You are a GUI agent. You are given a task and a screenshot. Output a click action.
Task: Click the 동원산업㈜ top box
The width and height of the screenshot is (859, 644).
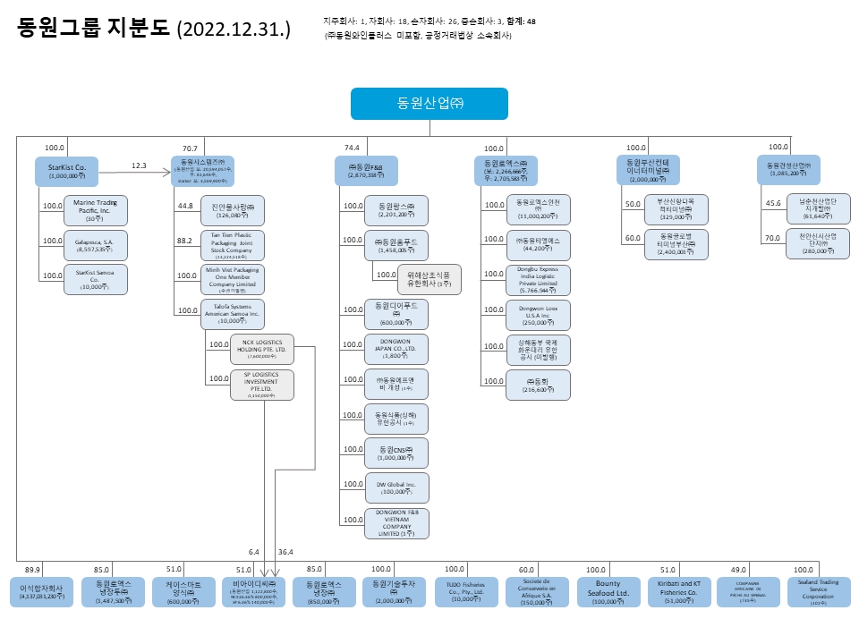(x=429, y=104)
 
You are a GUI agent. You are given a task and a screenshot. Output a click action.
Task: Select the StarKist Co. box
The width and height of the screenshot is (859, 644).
(x=67, y=171)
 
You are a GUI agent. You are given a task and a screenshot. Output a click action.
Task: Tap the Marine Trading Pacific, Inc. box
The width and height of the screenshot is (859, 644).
(x=96, y=210)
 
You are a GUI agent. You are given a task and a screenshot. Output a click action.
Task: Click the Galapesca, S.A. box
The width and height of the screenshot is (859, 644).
(x=96, y=245)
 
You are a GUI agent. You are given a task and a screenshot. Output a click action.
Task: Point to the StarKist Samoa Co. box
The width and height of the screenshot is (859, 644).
(x=96, y=280)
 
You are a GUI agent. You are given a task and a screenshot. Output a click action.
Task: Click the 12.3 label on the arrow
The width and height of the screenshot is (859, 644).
(x=139, y=165)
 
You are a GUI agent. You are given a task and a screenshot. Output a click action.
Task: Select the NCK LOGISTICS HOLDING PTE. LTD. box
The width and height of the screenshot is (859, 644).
(x=261, y=349)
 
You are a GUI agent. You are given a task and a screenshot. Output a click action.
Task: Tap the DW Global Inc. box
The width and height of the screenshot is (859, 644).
(x=396, y=487)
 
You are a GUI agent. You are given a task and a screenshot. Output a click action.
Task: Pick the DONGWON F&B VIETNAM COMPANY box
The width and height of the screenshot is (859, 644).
(x=396, y=523)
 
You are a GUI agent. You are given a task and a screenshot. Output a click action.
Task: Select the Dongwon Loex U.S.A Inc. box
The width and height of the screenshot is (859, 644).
(x=538, y=316)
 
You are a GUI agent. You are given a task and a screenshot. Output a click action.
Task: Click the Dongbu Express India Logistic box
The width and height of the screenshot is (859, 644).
(x=538, y=280)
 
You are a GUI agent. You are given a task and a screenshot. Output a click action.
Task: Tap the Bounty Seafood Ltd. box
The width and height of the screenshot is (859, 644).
(x=608, y=592)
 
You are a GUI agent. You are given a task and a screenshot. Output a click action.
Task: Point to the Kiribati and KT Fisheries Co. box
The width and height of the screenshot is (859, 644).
(x=678, y=592)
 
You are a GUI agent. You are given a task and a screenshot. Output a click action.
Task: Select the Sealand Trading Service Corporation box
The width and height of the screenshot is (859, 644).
(x=820, y=592)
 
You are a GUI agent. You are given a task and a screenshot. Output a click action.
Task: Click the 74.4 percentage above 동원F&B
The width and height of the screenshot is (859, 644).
(x=352, y=148)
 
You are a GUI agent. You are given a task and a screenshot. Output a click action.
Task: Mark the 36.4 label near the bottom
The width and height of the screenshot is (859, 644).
(x=286, y=552)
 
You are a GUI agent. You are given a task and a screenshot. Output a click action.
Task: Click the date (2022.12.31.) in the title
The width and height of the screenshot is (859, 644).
(x=234, y=30)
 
